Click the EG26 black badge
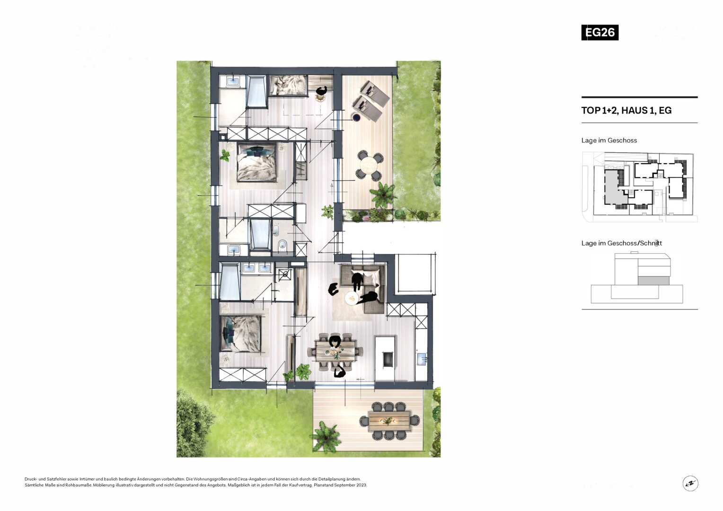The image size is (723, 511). click(x=600, y=33)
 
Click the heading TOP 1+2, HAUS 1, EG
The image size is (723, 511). click(x=626, y=110)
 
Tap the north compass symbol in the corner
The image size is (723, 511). click(x=690, y=483)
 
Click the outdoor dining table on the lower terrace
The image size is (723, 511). click(x=389, y=421)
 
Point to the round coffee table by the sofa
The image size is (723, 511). click(x=352, y=298)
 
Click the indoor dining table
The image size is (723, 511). click(x=336, y=351)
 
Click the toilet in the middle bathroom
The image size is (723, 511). click(x=282, y=245)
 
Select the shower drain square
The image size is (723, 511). click(x=284, y=274)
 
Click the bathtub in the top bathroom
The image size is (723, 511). click(x=256, y=91)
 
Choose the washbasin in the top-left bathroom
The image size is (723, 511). click(x=232, y=81)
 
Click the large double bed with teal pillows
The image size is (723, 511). click(x=257, y=162)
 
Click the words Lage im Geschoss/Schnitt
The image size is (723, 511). click(x=622, y=243)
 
